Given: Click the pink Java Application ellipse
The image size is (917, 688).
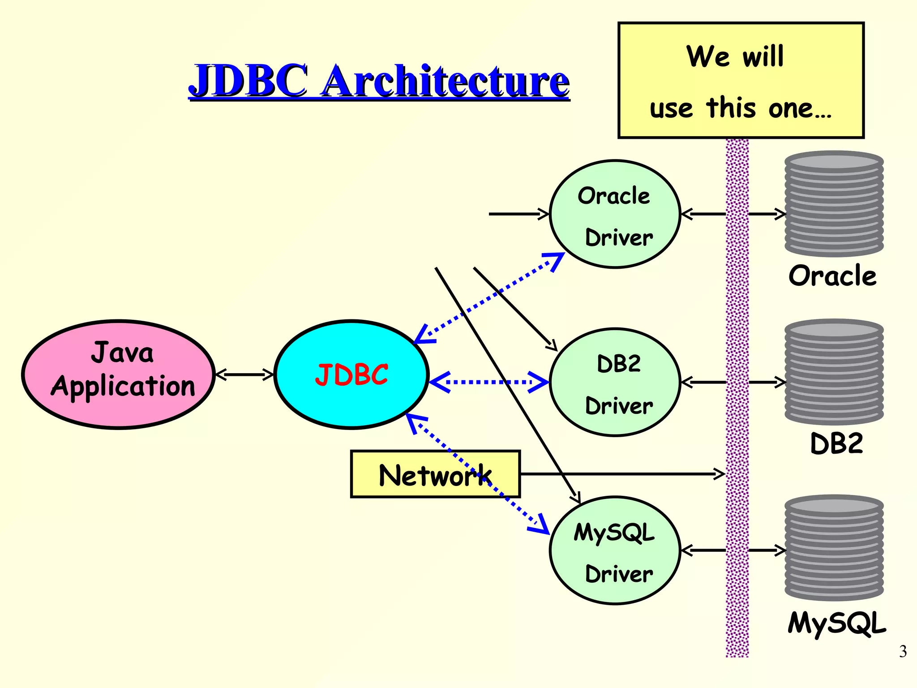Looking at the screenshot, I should [x=119, y=374].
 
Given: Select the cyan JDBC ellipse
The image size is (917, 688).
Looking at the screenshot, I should [x=351, y=374].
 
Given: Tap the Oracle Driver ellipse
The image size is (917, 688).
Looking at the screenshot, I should [x=615, y=214].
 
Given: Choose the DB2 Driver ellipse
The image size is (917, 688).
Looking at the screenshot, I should [x=615, y=382].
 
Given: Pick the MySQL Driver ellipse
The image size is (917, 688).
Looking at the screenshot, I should [x=615, y=550].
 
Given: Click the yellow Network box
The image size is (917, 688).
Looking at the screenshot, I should [x=435, y=474].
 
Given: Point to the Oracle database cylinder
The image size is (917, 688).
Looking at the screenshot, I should [x=834, y=204].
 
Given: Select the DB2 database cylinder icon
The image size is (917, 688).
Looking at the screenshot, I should [x=834, y=372].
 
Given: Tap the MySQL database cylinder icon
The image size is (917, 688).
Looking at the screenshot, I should [x=834, y=547].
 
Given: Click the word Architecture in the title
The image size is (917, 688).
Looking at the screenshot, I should [x=446, y=81].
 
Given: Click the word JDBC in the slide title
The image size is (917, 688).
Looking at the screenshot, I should [x=249, y=81].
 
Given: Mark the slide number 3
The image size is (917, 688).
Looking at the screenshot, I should [x=903, y=651].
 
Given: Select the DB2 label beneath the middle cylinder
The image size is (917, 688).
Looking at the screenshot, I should [x=836, y=443].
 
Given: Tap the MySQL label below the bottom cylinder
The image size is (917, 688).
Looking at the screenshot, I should [x=836, y=623].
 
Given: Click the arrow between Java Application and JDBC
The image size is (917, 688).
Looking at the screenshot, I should [x=244, y=374].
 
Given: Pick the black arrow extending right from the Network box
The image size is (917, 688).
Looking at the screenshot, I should [x=622, y=473].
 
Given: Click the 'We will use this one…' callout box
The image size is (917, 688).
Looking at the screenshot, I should [x=741, y=81].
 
